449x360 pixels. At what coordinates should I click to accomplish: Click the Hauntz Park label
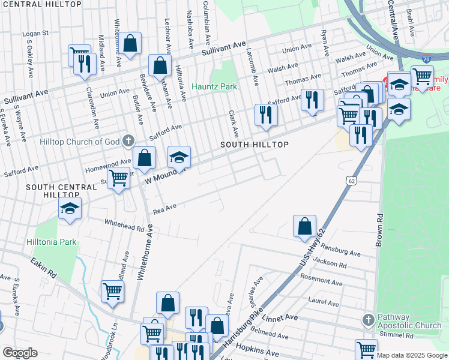pyautogui.click(x=214, y=86)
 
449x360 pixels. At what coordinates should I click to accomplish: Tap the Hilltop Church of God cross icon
pyautogui.click(x=127, y=142)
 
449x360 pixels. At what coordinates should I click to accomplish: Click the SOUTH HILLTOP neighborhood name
pyautogui.click(x=254, y=145)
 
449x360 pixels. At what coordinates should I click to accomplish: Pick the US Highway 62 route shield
pyautogui.click(x=352, y=180)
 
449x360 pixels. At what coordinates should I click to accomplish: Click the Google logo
pyautogui.click(x=20, y=353)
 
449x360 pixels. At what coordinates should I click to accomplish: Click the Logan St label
pyautogui.click(x=35, y=34)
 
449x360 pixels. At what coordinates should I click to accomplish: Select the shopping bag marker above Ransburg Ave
pyautogui.click(x=304, y=227)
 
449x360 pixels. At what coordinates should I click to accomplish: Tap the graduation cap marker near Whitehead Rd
pyautogui.click(x=70, y=209)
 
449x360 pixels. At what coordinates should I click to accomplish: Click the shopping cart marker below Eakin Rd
pyautogui.click(x=112, y=292)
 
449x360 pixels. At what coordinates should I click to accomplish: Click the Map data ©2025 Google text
pyautogui.click(x=412, y=355)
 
